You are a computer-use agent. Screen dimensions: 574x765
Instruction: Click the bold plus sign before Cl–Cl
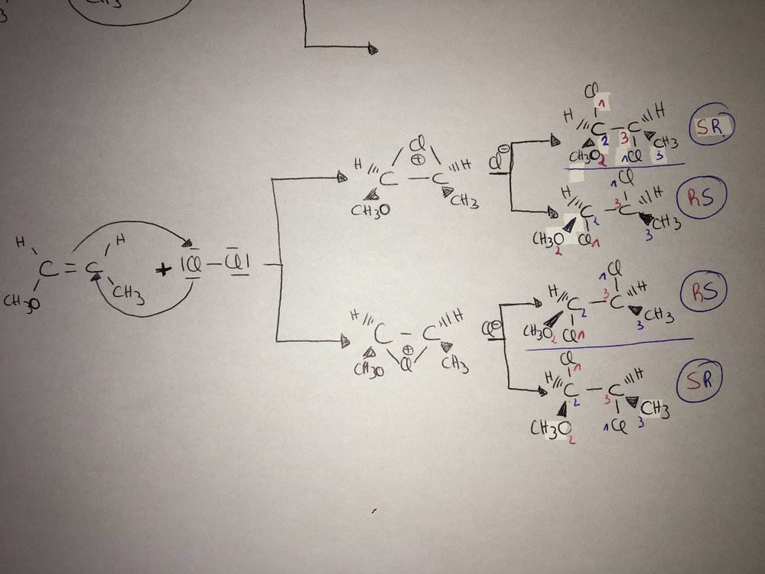click(163, 269)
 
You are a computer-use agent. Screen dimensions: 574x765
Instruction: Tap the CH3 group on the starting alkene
click(128, 292)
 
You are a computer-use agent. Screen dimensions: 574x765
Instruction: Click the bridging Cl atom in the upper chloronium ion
click(416, 145)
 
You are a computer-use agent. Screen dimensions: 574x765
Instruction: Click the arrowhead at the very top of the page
click(373, 48)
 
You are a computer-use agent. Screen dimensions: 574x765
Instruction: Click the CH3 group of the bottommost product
click(655, 411)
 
